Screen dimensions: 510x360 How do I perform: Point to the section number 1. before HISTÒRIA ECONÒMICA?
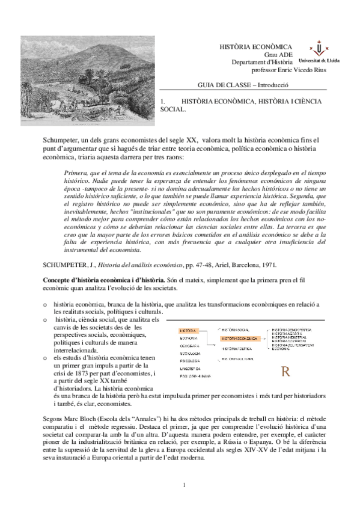click(165, 103)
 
